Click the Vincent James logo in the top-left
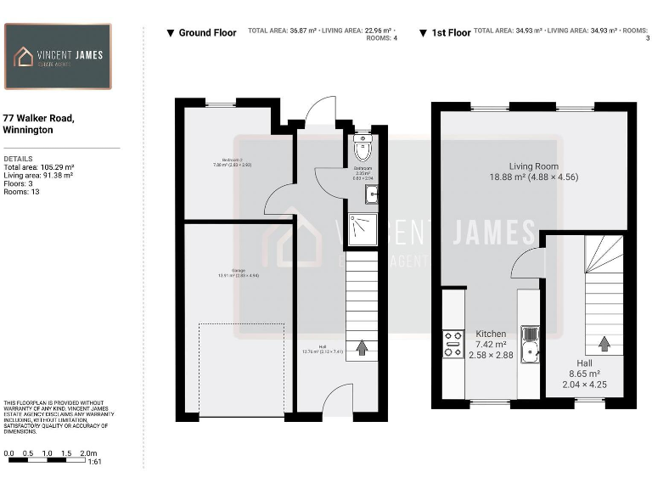click(x=58, y=56)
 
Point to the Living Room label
click(x=533, y=166)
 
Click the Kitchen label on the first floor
click(x=491, y=334)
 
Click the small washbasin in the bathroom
click(x=370, y=195)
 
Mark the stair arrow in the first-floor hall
click(x=604, y=344)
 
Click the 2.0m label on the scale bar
click(x=88, y=454)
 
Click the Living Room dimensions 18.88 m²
click(x=533, y=178)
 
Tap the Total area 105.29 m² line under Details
click(x=39, y=167)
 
